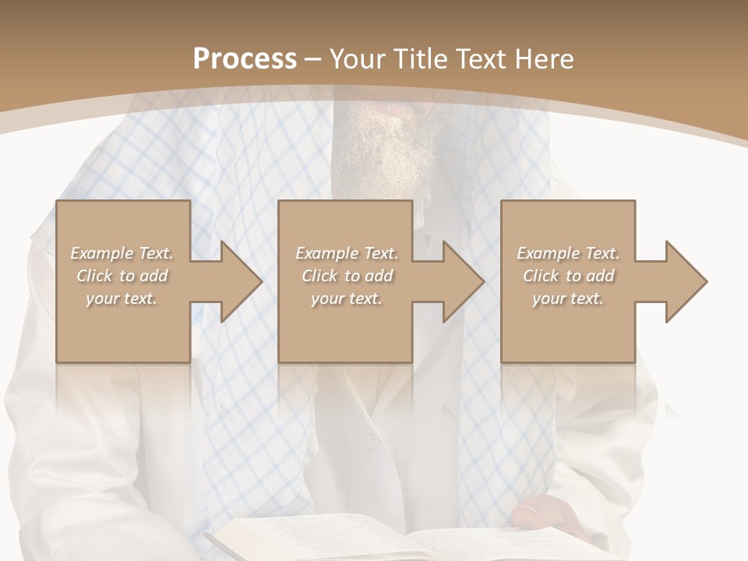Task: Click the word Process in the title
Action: click(245, 58)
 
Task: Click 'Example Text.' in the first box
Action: click(122, 253)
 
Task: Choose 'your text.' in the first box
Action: click(122, 298)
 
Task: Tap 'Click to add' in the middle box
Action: click(347, 276)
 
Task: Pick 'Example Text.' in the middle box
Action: click(347, 253)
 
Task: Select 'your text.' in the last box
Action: click(568, 298)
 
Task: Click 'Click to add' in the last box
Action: click(568, 276)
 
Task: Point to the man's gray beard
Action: click(390, 144)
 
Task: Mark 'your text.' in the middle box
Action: click(347, 298)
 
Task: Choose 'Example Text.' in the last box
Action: click(568, 253)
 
